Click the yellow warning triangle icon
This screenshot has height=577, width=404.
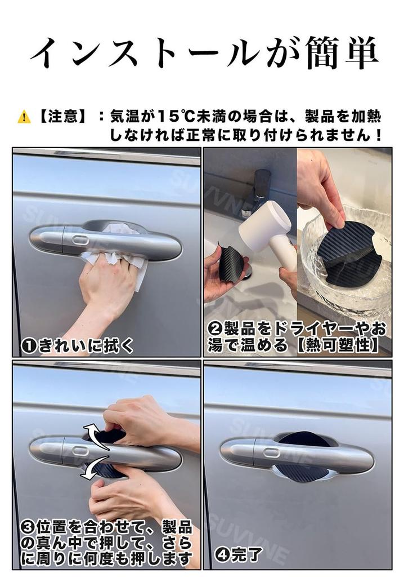pos(24,117)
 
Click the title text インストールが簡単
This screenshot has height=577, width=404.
pos(203,54)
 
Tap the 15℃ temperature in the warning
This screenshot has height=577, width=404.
pos(171,117)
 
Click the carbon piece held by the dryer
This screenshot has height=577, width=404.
pos(231,263)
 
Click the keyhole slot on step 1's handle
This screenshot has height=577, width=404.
pos(80,241)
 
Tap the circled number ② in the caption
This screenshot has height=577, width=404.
pos(215,329)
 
